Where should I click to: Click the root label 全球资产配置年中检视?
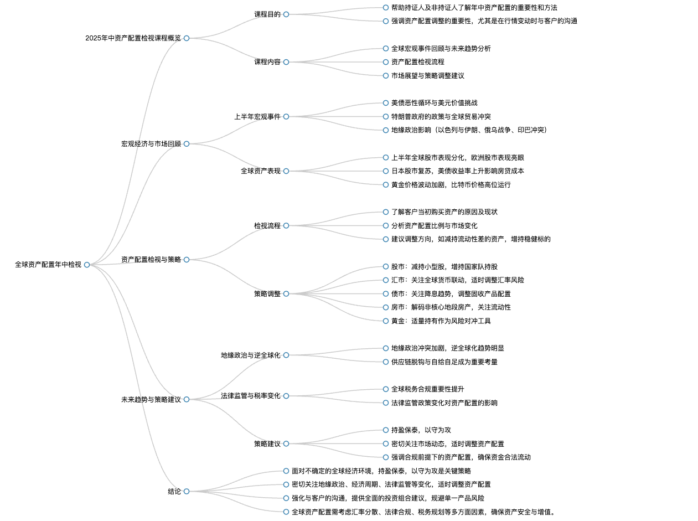[x=48, y=265]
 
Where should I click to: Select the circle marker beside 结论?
[x=187, y=492]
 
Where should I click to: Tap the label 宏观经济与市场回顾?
[x=151, y=144]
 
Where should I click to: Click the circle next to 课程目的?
[x=286, y=14]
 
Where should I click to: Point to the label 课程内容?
[x=267, y=62]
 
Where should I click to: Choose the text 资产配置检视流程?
[x=417, y=62]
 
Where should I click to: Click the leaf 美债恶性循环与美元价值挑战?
[x=434, y=103]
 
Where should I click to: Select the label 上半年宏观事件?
[x=257, y=117]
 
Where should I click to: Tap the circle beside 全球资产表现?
[x=286, y=171]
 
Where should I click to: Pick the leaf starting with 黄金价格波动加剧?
[x=451, y=185]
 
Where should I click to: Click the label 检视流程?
[x=267, y=225]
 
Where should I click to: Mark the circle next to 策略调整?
[x=286, y=294]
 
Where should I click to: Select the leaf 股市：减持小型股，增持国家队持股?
[x=444, y=266]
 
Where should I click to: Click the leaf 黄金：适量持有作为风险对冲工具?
[x=441, y=321]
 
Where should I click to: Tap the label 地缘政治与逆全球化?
[x=251, y=355]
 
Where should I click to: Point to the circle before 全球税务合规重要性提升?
[x=386, y=389]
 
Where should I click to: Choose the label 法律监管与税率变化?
[x=251, y=396]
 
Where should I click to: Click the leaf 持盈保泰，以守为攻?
[x=421, y=430]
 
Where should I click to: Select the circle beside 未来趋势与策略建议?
[x=187, y=399]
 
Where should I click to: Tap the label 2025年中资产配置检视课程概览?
[x=133, y=38]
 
